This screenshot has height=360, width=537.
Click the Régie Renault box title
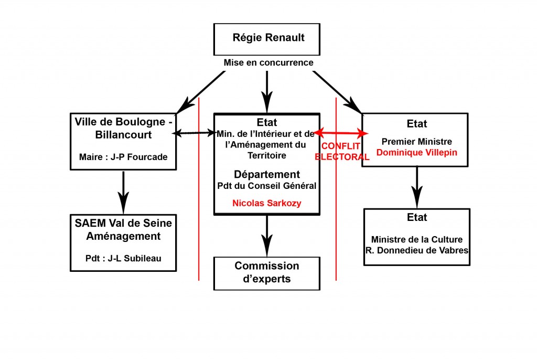click(x=268, y=38)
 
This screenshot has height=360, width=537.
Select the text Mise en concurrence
click(x=268, y=63)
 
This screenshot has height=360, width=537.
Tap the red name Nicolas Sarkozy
click(x=267, y=203)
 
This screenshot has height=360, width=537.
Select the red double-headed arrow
click(x=340, y=133)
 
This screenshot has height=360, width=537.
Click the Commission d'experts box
click(x=266, y=272)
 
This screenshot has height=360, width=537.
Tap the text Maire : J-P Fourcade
click(x=123, y=156)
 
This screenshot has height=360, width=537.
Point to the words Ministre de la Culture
click(x=417, y=239)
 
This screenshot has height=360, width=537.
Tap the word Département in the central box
click(x=267, y=174)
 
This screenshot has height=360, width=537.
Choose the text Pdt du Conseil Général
click(x=267, y=185)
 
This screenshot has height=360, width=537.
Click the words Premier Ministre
click(x=416, y=142)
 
